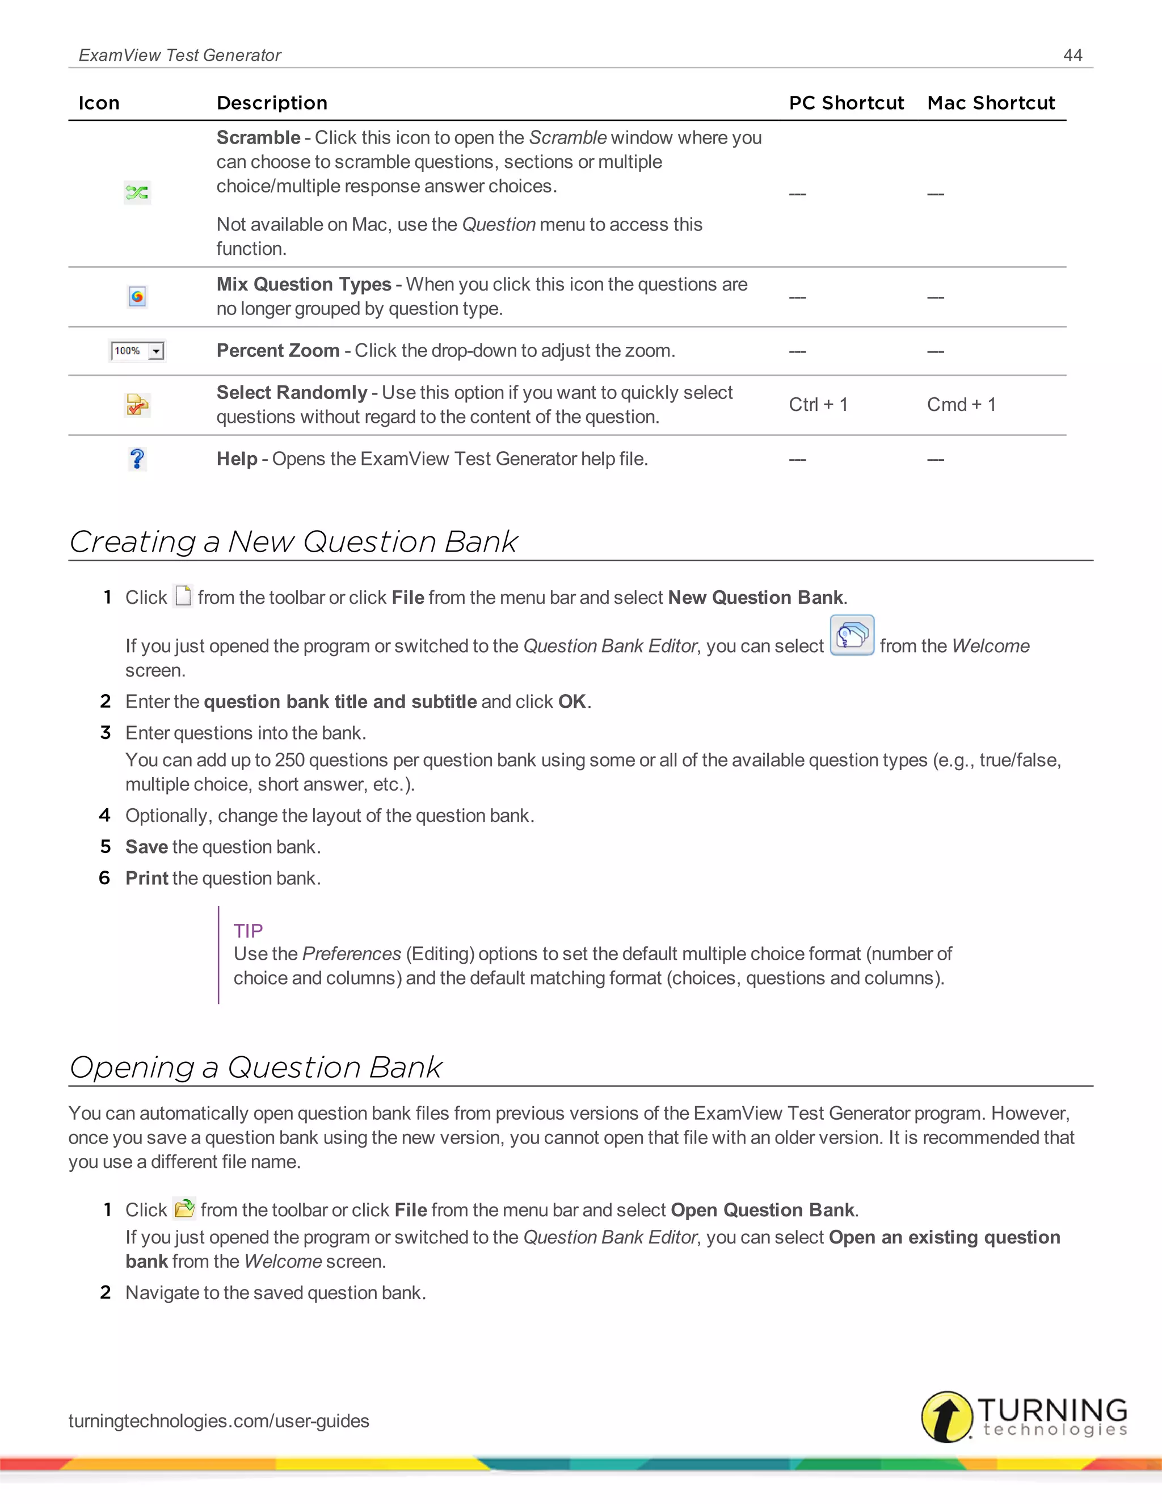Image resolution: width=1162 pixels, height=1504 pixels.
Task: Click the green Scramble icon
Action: [x=137, y=192]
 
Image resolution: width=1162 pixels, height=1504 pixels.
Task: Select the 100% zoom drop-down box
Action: [x=137, y=351]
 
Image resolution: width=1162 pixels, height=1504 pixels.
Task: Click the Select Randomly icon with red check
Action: [x=137, y=405]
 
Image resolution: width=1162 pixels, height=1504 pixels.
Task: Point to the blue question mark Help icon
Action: [x=137, y=459]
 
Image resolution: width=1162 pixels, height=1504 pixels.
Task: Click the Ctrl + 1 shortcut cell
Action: [x=818, y=405]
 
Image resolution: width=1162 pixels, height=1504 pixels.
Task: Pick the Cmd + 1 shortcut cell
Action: [x=961, y=405]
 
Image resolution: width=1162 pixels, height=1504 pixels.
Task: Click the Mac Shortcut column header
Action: [x=991, y=103]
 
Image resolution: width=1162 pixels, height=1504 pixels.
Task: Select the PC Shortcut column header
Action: [x=846, y=103]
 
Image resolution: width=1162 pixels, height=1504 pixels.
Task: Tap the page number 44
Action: [x=1072, y=55]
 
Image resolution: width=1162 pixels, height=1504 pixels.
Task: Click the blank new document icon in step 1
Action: [x=183, y=596]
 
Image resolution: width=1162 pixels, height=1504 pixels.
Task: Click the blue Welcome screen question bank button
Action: [x=852, y=635]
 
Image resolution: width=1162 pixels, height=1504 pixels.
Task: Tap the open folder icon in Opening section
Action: [x=184, y=1208]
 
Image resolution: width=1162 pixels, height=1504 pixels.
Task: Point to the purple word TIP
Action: [x=248, y=931]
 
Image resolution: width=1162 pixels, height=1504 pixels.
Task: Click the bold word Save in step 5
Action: [x=146, y=847]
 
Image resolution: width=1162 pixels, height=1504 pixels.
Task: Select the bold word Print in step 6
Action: [x=146, y=879]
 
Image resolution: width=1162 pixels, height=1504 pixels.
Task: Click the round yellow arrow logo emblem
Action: [x=946, y=1417]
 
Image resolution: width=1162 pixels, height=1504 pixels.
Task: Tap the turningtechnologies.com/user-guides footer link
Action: [x=219, y=1421]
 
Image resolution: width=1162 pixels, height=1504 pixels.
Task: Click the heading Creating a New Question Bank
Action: [x=293, y=542]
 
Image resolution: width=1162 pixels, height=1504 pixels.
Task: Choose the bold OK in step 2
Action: [x=572, y=701]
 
